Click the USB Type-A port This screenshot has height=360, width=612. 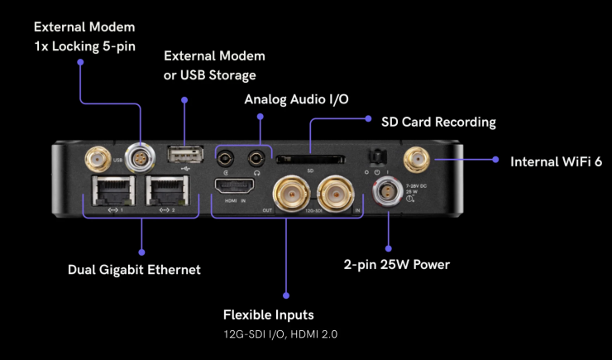[x=183, y=156]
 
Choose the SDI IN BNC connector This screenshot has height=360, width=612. [x=335, y=192]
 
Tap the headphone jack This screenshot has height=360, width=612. [x=258, y=156]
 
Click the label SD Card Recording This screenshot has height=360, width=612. [x=438, y=122]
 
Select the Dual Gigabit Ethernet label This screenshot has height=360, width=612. [x=134, y=270]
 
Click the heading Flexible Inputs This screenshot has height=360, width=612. [x=269, y=314]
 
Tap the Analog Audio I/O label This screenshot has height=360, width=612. [x=296, y=99]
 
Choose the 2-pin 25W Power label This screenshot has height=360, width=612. [x=396, y=265]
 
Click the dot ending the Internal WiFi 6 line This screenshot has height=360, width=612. [x=495, y=160]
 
